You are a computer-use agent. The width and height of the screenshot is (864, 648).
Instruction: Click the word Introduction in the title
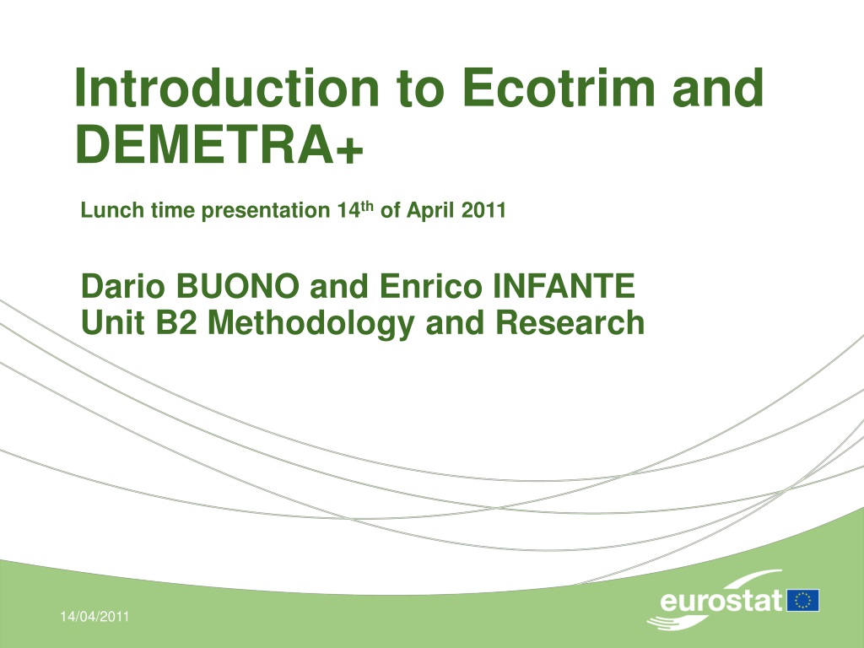click(x=226, y=87)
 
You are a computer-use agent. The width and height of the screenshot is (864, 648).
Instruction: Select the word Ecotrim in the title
click(x=559, y=87)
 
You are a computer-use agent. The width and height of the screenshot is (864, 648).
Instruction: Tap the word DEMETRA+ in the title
click(x=219, y=143)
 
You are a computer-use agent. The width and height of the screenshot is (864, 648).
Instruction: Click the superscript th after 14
click(x=366, y=207)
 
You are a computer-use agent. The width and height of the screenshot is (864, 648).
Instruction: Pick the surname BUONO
click(x=237, y=286)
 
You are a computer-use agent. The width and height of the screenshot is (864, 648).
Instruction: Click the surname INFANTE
click(x=563, y=286)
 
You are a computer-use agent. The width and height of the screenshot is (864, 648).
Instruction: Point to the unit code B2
click(x=176, y=322)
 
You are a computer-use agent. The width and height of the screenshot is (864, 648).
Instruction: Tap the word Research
click(x=570, y=322)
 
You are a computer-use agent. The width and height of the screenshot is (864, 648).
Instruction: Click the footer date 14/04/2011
click(x=94, y=616)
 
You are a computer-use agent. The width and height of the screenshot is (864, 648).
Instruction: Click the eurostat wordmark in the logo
click(x=721, y=600)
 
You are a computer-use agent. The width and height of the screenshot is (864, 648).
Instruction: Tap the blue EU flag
click(x=803, y=600)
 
